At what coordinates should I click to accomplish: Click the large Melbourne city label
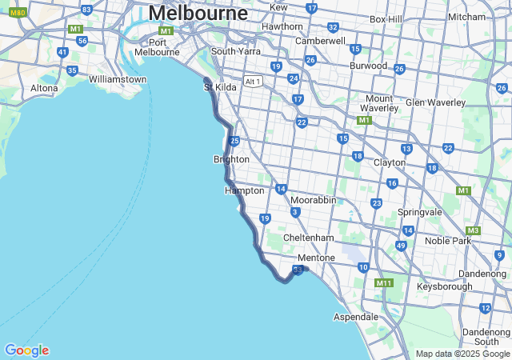(x=198, y=14)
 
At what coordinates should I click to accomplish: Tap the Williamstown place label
(x=118, y=79)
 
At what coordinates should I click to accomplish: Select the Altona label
(x=44, y=88)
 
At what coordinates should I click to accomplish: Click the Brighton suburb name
(x=231, y=159)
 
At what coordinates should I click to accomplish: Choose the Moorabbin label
(x=313, y=199)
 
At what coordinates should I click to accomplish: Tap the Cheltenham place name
(x=308, y=238)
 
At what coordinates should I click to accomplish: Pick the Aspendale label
(x=355, y=317)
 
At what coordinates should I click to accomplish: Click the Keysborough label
(x=444, y=286)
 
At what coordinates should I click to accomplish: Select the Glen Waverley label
(x=435, y=102)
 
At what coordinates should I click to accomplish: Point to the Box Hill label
(x=389, y=19)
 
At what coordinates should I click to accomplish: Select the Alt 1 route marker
(x=254, y=81)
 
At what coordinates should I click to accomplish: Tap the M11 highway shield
(x=383, y=282)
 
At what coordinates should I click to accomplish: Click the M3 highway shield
(x=473, y=230)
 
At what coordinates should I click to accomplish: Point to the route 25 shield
(x=234, y=141)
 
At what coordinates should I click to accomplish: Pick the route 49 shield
(x=401, y=245)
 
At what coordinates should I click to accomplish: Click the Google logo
(x=26, y=350)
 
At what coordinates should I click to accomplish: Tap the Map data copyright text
(x=462, y=354)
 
